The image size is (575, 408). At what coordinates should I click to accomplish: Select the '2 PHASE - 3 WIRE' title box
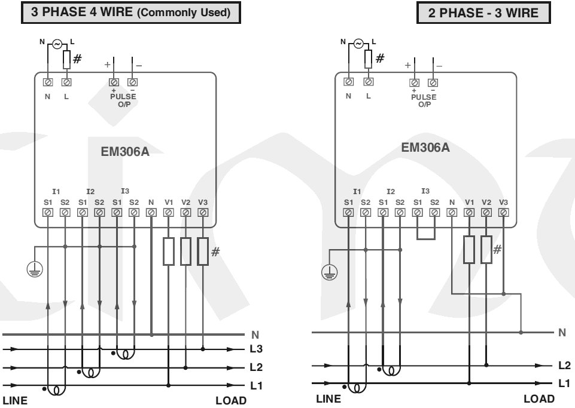(483, 13)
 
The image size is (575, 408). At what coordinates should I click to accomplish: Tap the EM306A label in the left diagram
(125, 151)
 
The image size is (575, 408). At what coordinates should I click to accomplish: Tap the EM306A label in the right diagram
(425, 147)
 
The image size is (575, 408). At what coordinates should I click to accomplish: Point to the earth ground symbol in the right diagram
(328, 274)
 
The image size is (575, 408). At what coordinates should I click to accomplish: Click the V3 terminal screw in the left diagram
(203, 212)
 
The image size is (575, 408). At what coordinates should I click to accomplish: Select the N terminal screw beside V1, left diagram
(151, 212)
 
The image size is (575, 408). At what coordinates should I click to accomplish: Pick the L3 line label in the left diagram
(255, 348)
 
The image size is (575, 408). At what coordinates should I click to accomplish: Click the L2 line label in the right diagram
(564, 366)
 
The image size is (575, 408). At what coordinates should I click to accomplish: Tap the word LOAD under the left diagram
(231, 400)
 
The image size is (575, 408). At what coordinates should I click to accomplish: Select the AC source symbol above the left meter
(57, 44)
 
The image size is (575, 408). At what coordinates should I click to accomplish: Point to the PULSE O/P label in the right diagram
(424, 100)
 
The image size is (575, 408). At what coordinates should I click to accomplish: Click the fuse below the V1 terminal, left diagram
(169, 251)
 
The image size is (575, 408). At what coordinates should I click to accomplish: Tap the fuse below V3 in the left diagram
(203, 251)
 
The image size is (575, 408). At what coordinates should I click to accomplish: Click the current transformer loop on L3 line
(124, 355)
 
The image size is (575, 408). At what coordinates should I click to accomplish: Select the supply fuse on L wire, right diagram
(368, 58)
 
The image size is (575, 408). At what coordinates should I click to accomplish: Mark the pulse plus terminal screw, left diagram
(113, 81)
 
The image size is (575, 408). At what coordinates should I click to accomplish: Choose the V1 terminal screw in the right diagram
(469, 211)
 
